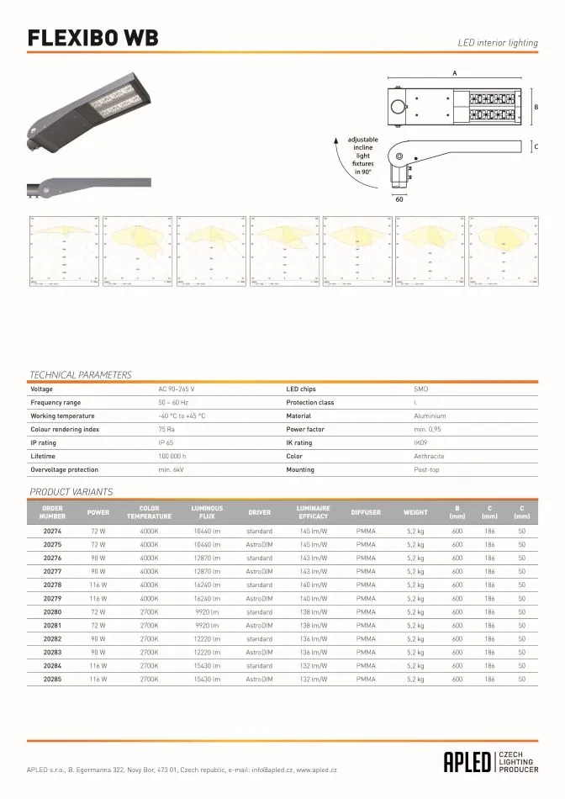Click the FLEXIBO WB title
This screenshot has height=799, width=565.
coord(93,39)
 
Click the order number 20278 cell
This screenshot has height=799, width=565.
coord(52,584)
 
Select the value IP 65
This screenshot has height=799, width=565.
coord(166,442)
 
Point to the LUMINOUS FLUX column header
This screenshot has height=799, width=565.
coord(207,511)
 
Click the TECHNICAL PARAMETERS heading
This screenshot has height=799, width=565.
coord(81,374)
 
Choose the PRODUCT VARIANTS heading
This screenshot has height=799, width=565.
coord(71,492)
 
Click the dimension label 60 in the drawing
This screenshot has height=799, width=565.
coord(400,199)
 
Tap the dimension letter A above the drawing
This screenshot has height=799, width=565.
coord(455,74)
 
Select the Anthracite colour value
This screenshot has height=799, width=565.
coord(430,456)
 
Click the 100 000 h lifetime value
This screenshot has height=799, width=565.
coord(173,456)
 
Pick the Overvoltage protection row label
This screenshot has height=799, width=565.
coord(64,469)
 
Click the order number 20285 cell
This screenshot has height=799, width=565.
coord(52,678)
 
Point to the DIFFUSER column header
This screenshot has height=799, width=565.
coord(366,511)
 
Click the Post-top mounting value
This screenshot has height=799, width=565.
coord(427,469)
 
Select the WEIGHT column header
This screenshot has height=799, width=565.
coord(415,511)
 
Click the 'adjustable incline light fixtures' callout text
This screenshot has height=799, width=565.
coord(362,155)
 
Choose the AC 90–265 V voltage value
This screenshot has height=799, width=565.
coord(177,389)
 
